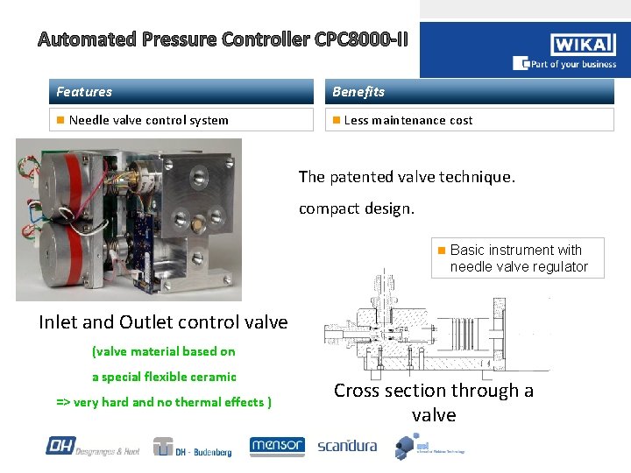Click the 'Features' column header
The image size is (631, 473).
pyautogui.click(x=84, y=92)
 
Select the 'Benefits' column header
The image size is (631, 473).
pyautogui.click(x=358, y=92)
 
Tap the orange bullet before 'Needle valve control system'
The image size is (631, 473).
pyautogui.click(x=60, y=120)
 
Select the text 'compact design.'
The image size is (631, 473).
pyautogui.click(x=357, y=208)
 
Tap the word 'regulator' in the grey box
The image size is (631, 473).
pyautogui.click(x=562, y=266)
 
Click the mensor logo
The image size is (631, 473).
pyautogui.click(x=277, y=446)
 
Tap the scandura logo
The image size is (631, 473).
pyautogui.click(x=347, y=446)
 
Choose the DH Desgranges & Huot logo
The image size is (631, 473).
pyautogui.click(x=91, y=447)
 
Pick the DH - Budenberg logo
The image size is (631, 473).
pyautogui.click(x=194, y=447)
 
